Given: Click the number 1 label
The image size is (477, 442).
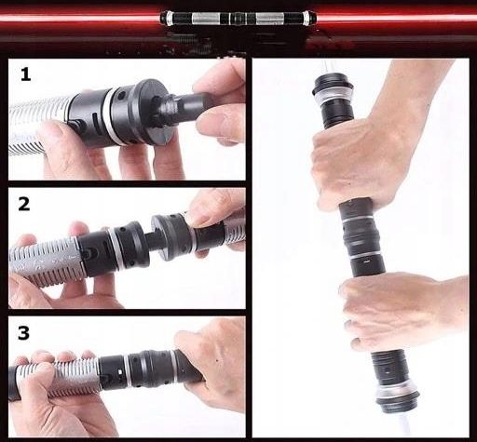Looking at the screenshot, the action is click(x=25, y=74).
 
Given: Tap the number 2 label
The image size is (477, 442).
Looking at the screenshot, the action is click(x=24, y=205).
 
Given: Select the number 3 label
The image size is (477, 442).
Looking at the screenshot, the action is click(x=23, y=333).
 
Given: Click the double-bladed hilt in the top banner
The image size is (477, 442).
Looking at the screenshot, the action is click(x=238, y=18).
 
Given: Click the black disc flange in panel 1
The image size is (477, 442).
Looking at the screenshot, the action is click(x=153, y=111).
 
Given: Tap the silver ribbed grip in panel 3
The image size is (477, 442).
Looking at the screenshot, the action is click(x=58, y=379).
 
